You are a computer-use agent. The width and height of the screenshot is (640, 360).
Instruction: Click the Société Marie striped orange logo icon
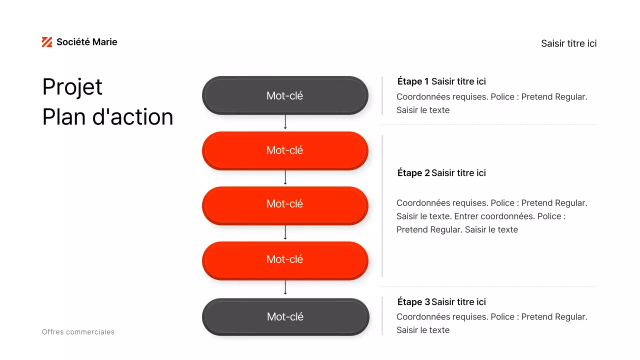click(x=47, y=42)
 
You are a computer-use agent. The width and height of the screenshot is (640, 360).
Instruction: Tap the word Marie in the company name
click(x=104, y=42)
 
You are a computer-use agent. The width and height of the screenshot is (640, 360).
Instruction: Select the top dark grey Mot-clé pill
click(x=285, y=95)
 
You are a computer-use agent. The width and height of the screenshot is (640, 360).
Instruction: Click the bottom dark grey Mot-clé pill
click(x=285, y=316)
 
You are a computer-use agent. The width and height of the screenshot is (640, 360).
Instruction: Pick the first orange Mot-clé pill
click(x=285, y=150)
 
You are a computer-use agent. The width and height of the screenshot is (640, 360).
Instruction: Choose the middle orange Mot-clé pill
click(x=285, y=204)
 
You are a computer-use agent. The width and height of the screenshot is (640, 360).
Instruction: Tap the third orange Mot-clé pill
click(x=285, y=259)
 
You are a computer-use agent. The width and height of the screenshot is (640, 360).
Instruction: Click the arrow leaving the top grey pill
click(x=285, y=122)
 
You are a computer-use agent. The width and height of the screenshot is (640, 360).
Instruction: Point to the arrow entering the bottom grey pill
click(x=285, y=287)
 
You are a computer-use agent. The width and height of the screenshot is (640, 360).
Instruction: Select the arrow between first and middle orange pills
click(x=285, y=177)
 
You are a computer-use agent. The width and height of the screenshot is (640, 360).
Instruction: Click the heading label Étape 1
click(x=413, y=81)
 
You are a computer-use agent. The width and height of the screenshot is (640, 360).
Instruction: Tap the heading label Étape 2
click(x=413, y=173)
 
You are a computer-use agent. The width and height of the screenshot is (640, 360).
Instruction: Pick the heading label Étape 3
click(x=413, y=302)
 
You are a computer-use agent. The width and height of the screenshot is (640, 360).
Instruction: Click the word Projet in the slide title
click(x=72, y=87)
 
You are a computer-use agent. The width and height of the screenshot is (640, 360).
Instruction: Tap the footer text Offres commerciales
click(x=78, y=332)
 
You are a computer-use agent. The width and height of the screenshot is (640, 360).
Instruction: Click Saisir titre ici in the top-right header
click(x=568, y=43)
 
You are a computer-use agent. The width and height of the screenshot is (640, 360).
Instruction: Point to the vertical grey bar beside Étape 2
click(x=382, y=205)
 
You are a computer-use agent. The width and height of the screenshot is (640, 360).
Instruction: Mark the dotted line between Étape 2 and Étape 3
click(x=488, y=286)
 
